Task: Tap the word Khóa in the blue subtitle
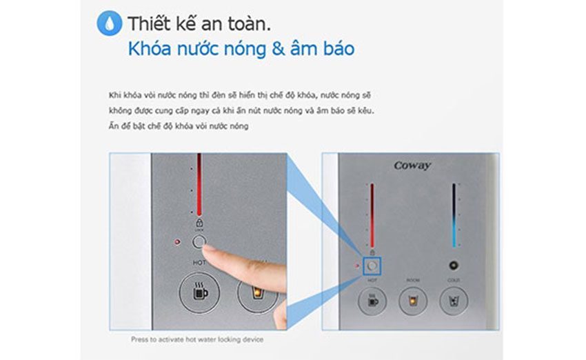[149, 50]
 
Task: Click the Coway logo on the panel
[412, 166]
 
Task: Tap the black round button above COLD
[454, 264]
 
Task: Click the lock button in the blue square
[372, 264]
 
